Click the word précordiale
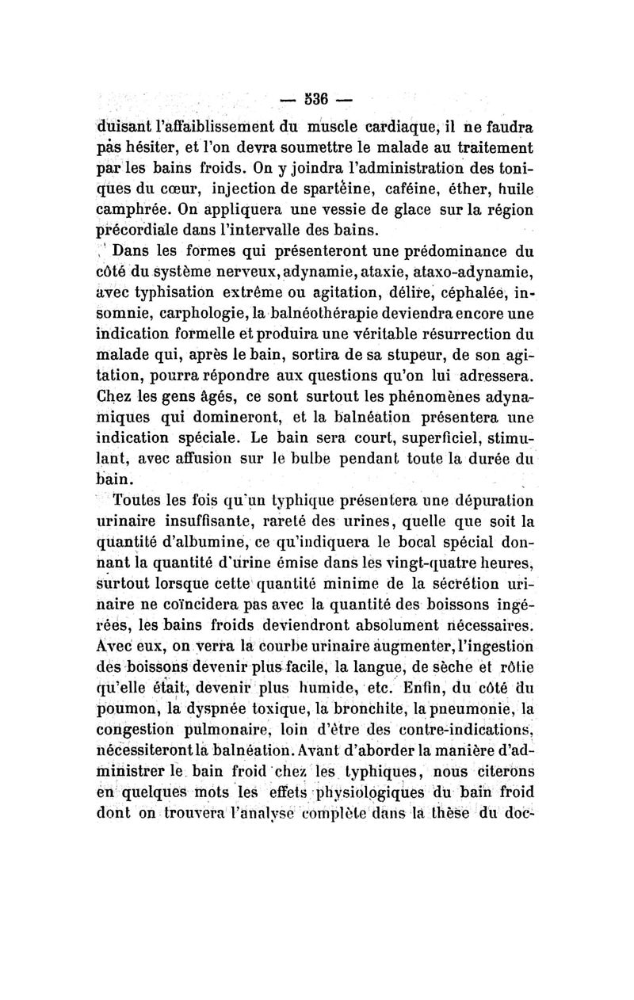point(135,231)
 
